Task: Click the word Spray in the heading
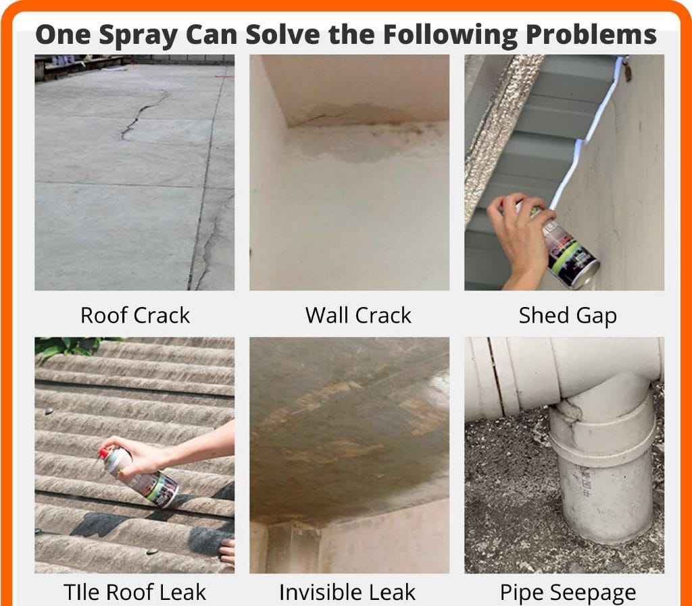[x=139, y=35]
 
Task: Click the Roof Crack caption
[x=135, y=315]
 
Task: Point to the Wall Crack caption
[x=358, y=315]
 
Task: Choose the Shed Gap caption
[x=568, y=316]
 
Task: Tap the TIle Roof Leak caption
[x=134, y=592]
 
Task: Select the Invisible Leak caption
[x=347, y=592]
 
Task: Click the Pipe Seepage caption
[x=568, y=593]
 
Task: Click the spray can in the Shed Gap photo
[x=567, y=249]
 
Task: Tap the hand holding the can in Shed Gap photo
[x=521, y=238]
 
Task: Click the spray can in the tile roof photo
[x=139, y=476]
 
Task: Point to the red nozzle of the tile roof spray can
[x=103, y=454]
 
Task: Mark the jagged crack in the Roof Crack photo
[x=141, y=113]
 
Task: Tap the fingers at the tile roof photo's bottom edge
[x=227, y=551]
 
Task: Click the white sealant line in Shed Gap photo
[x=587, y=132]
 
